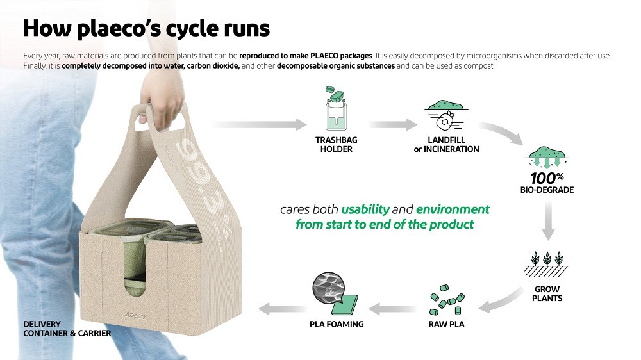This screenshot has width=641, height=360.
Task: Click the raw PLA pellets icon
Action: [446, 300]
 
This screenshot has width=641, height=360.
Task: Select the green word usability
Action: [365, 209]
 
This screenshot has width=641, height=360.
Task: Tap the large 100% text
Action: [547, 178]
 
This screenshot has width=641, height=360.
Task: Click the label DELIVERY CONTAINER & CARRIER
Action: [67, 329]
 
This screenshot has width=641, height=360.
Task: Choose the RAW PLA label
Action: [446, 324]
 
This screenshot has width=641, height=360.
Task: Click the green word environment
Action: [453, 209]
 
